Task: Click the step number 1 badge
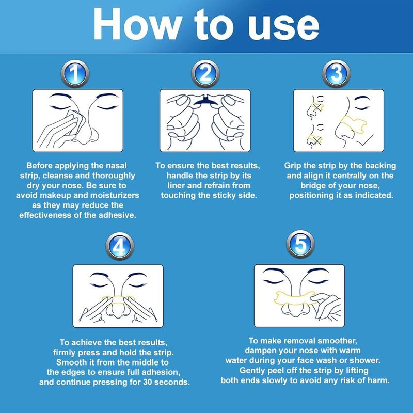(75, 74)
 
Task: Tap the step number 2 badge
(205, 74)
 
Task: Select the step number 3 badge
(336, 74)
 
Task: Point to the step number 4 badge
(120, 246)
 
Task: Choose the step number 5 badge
(300, 244)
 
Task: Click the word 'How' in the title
(136, 24)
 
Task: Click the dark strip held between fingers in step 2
(205, 100)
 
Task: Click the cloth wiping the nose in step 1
(74, 121)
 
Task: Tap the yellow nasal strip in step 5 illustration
(294, 298)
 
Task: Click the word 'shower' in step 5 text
(365, 360)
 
